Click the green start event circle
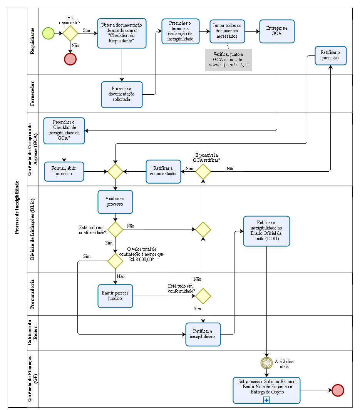point(49,33)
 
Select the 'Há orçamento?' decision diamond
point(70,33)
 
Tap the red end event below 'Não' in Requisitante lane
point(70,59)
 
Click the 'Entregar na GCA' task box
point(277,31)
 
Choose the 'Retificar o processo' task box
point(330,55)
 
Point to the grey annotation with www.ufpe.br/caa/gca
point(228,60)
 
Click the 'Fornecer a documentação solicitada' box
point(122,94)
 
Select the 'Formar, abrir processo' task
point(64,171)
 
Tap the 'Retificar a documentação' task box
point(163,171)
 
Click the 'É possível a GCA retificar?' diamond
point(203,171)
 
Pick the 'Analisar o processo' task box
point(115,201)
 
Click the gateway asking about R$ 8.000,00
point(115,261)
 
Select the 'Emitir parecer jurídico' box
point(115,296)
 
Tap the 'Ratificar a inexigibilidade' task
point(203,334)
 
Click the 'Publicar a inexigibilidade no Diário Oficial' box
point(266,231)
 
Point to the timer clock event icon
point(266,362)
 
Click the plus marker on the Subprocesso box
point(266,400)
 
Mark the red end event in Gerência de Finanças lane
point(338,390)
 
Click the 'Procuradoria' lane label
point(33,294)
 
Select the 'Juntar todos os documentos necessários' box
point(227,31)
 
